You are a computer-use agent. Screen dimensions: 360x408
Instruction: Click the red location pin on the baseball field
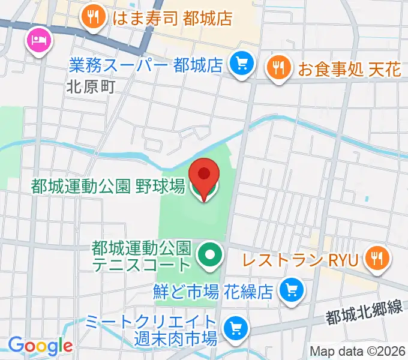[x=204, y=175]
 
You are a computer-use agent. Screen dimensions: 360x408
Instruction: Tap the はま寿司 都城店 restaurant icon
[x=92, y=18]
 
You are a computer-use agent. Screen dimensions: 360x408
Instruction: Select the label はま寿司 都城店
[x=172, y=18]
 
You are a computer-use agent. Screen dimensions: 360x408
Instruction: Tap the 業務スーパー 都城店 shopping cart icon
[x=242, y=64]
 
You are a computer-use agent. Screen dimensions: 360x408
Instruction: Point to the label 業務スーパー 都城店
[x=146, y=64]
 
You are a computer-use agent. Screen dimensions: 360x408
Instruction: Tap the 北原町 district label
[x=90, y=87]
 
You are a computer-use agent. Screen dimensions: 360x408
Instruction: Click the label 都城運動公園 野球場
[x=108, y=187]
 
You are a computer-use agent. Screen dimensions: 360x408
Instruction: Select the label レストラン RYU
[x=301, y=260]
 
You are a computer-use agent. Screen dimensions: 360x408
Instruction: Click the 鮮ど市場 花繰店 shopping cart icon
[x=292, y=290]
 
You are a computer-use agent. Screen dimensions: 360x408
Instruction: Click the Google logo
[x=40, y=346]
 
